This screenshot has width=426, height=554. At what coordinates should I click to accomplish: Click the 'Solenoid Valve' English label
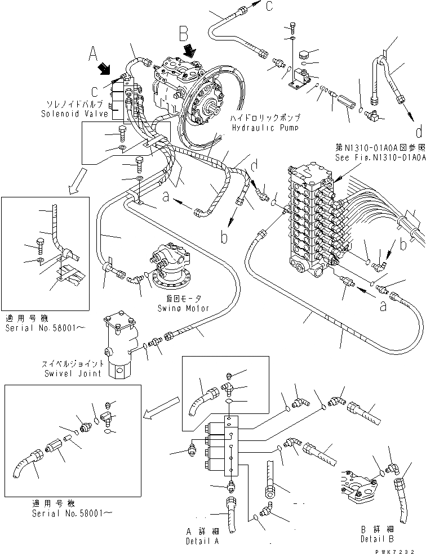tap(70, 114)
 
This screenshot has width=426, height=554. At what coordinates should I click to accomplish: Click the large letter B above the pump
tap(184, 35)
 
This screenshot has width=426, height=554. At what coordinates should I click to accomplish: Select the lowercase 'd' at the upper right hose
tap(418, 133)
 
